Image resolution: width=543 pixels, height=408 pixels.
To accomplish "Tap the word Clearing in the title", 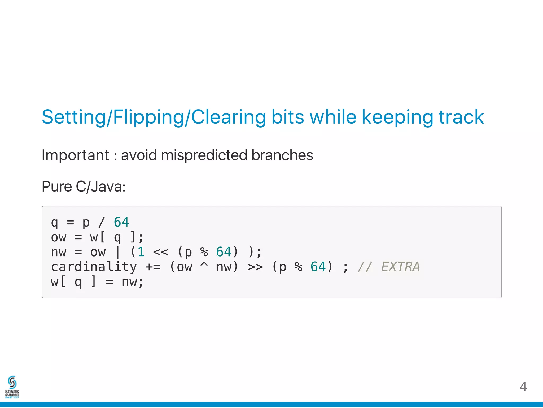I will [228, 117].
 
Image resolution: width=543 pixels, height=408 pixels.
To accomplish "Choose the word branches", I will [282, 155].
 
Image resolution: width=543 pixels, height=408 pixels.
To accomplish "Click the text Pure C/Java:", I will [84, 186].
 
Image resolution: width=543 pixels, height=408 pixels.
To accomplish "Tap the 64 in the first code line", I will [121, 222].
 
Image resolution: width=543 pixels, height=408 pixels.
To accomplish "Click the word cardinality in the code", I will [94, 267].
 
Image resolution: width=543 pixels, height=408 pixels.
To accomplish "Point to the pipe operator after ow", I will [118, 252].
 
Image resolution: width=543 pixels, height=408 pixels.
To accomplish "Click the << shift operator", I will [161, 252].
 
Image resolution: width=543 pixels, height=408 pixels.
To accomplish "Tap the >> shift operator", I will [255, 267].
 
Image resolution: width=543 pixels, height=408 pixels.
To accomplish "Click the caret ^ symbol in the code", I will [204, 265].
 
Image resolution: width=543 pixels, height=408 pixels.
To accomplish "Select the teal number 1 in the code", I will [141, 252].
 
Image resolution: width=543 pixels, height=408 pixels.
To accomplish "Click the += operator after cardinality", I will [153, 267].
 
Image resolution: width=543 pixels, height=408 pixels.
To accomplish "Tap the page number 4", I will [523, 387].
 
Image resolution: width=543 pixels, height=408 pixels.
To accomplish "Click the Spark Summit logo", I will [12, 387].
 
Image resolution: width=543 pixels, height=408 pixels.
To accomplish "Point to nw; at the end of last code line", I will [133, 282].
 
